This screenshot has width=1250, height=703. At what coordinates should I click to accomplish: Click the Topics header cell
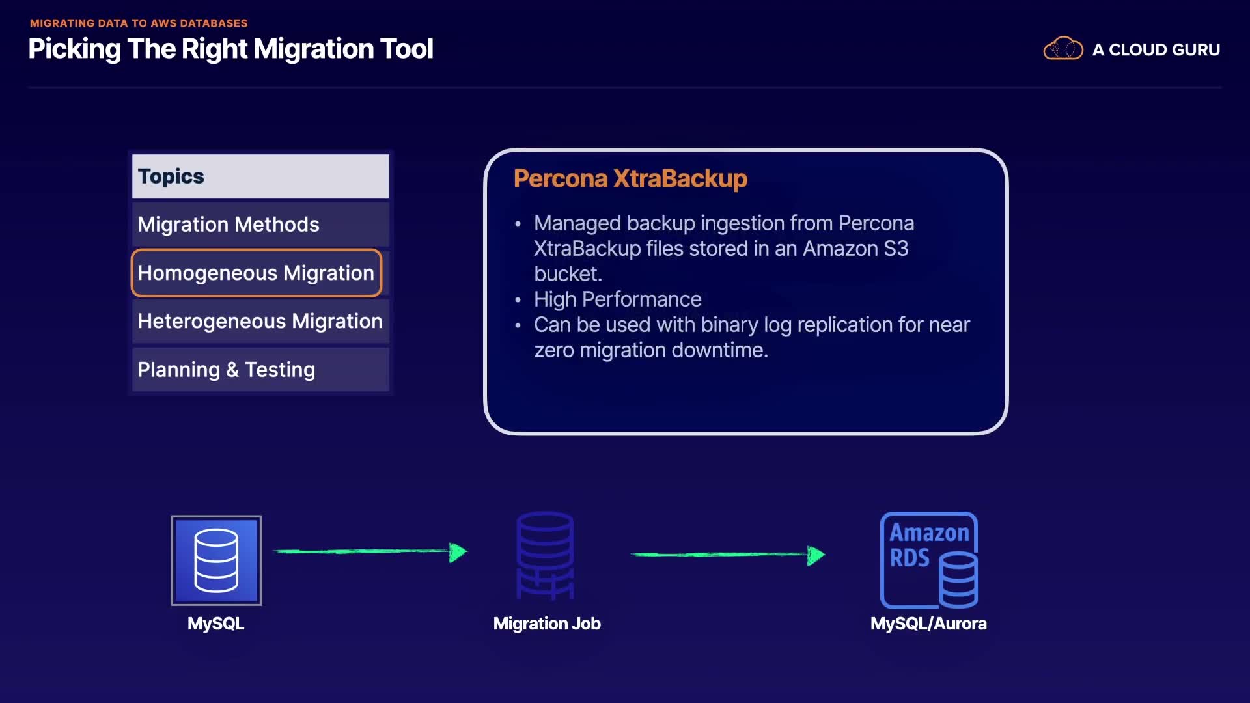pos(260,176)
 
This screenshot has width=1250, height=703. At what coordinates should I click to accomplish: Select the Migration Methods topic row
pos(260,225)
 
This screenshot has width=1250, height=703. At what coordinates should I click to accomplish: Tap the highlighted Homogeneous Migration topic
pos(256,273)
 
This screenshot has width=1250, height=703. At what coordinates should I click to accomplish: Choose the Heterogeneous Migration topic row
pos(260,321)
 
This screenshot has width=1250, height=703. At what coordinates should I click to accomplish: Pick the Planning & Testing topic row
pos(260,370)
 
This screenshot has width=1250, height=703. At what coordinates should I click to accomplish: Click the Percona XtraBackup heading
pos(630,178)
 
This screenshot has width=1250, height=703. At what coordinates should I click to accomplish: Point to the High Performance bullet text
pos(617,299)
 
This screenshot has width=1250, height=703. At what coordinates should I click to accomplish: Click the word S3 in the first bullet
pos(896,249)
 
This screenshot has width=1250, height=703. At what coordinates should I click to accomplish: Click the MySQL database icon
pos(216,560)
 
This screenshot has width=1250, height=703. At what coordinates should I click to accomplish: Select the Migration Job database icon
pos(546,555)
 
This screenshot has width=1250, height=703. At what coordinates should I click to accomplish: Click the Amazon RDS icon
pos(929,560)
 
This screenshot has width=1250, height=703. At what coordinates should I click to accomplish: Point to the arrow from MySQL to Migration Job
pos(370,552)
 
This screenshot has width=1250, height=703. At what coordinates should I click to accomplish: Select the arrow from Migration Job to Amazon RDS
pos(727,555)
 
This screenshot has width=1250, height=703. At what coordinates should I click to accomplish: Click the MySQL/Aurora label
pos(928,624)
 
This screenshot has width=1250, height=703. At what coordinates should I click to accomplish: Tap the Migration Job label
pos(547,624)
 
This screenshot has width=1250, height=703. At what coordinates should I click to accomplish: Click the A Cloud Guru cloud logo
pos(1062,49)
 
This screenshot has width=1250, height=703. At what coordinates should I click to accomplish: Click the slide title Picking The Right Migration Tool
pos(230,49)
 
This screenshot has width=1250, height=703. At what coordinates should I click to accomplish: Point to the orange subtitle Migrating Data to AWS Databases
pos(139,23)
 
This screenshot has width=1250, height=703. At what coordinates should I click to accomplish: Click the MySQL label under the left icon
pos(215,624)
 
